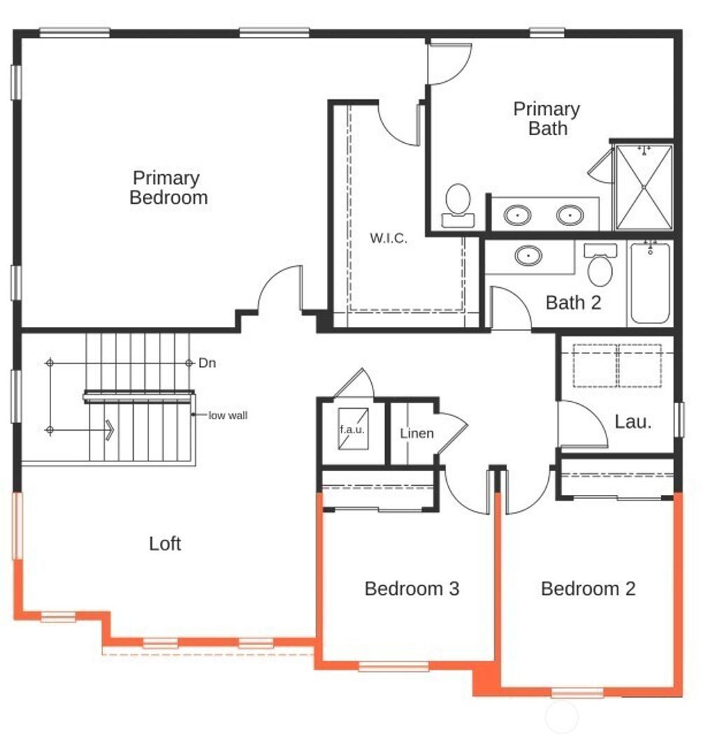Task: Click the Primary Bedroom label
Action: pos(169,188)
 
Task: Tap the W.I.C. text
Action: pos(388,238)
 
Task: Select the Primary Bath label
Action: pos(547,118)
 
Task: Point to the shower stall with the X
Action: pos(643,187)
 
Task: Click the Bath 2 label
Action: pos(573,302)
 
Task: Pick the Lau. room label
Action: pos(633,421)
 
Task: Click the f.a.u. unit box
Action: pos(352,429)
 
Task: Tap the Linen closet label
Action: pos(417,433)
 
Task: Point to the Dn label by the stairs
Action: pos(207,363)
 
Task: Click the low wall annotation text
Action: pos(228,415)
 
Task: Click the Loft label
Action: pos(165,543)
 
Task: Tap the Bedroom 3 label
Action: pos(412,589)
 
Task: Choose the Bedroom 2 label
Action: pos(588,589)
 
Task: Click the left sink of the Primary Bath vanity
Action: pos(517,214)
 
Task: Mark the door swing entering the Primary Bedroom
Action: pos(280,288)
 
